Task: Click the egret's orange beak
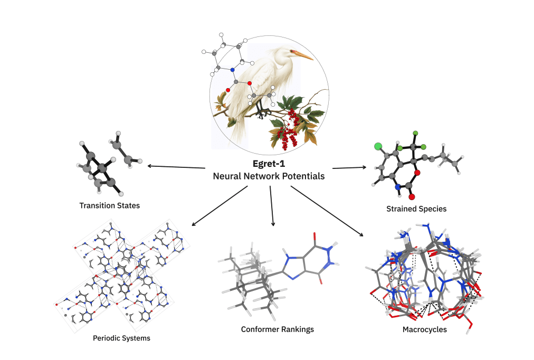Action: pyautogui.click(x=302, y=54)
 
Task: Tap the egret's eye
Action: pyautogui.click(x=291, y=51)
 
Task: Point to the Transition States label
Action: pyautogui.click(x=109, y=205)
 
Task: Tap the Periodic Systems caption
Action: pyautogui.click(x=121, y=338)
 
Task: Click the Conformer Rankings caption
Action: pyautogui.click(x=277, y=329)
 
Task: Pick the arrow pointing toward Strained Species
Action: pyautogui.click(x=349, y=168)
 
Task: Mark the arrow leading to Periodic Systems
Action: pyautogui.click(x=219, y=206)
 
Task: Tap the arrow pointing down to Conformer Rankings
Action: pyautogui.click(x=272, y=206)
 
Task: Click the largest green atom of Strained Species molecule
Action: pyautogui.click(x=378, y=146)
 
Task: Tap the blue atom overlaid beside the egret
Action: pyautogui.click(x=232, y=70)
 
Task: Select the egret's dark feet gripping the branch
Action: pyautogui.click(x=261, y=111)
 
